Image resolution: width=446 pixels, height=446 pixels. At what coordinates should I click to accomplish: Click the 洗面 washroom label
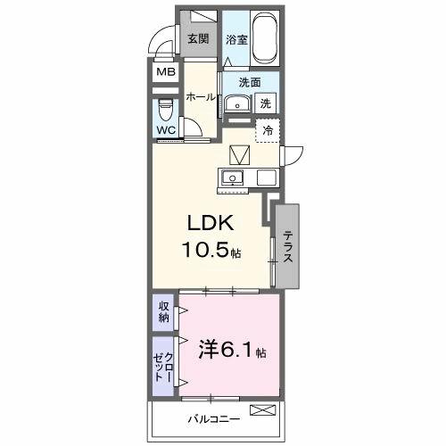[249, 82]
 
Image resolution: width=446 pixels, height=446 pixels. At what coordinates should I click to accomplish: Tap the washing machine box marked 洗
[266, 103]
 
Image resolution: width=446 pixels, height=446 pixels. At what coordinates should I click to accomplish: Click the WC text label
[166, 130]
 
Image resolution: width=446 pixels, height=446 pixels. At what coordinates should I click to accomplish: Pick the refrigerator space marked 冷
[267, 130]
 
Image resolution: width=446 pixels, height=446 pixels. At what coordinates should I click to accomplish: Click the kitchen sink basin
[234, 177]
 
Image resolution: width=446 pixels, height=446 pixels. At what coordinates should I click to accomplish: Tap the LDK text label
[209, 222]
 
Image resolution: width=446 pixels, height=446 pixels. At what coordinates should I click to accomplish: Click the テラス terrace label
[288, 246]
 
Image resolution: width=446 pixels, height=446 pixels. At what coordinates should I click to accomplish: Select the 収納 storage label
[164, 311]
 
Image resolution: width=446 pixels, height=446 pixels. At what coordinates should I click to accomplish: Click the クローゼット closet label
[164, 364]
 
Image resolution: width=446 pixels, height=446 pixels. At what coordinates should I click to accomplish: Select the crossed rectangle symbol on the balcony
[263, 410]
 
